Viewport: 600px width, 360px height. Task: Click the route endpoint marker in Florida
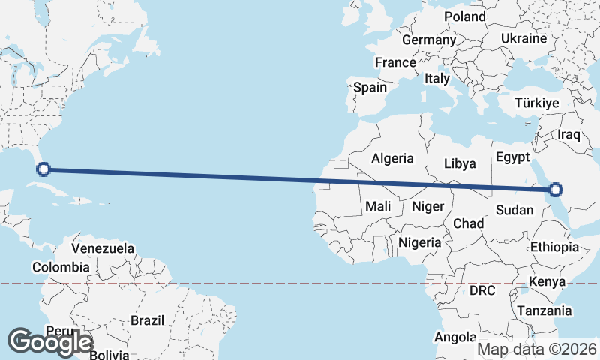coord(43,169)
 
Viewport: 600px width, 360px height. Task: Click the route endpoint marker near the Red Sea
coord(556,189)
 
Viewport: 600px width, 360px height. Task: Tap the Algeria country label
coord(392,158)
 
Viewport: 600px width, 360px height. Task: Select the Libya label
coord(460,163)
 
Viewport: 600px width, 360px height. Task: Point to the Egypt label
coord(511,157)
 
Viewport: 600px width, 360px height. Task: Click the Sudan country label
coord(514,209)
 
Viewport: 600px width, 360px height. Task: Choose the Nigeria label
coord(419,242)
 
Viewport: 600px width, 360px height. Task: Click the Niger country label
coord(429,205)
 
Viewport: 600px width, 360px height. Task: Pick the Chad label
coord(468,223)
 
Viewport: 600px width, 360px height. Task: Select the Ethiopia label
coord(554,247)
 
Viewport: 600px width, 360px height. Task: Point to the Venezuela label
coord(103,247)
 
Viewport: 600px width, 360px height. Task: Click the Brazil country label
coord(147,320)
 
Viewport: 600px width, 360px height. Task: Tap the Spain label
coord(370,87)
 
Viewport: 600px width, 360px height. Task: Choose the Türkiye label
coord(537,103)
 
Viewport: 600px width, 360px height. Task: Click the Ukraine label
coord(523,37)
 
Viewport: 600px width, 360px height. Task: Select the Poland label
coord(465,16)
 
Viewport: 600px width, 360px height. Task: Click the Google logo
coord(51,341)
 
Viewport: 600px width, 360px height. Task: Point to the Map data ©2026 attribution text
coord(537,349)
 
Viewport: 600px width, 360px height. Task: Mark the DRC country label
coord(482,289)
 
